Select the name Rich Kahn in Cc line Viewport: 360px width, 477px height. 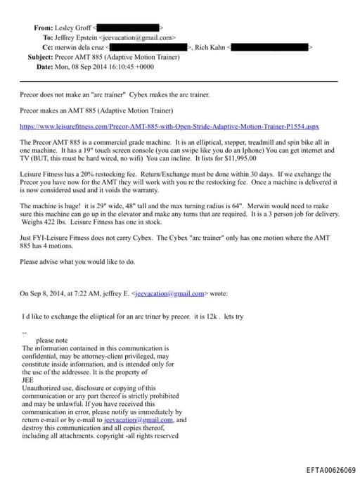point(210,47)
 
